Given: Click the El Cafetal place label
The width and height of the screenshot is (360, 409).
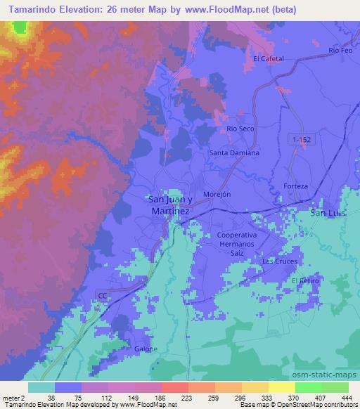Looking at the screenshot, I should click(x=268, y=59).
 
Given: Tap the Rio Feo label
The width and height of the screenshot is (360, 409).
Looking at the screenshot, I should click(x=340, y=51).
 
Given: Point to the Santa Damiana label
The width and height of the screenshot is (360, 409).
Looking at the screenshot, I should click(x=235, y=152).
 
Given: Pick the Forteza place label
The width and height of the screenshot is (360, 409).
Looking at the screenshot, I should click(x=296, y=186).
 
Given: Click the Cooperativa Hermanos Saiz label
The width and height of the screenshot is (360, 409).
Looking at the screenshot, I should click(x=238, y=244).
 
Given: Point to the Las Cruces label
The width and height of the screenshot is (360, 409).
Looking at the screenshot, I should click(x=280, y=261).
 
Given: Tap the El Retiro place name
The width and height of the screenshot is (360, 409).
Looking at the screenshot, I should click(x=305, y=281).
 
